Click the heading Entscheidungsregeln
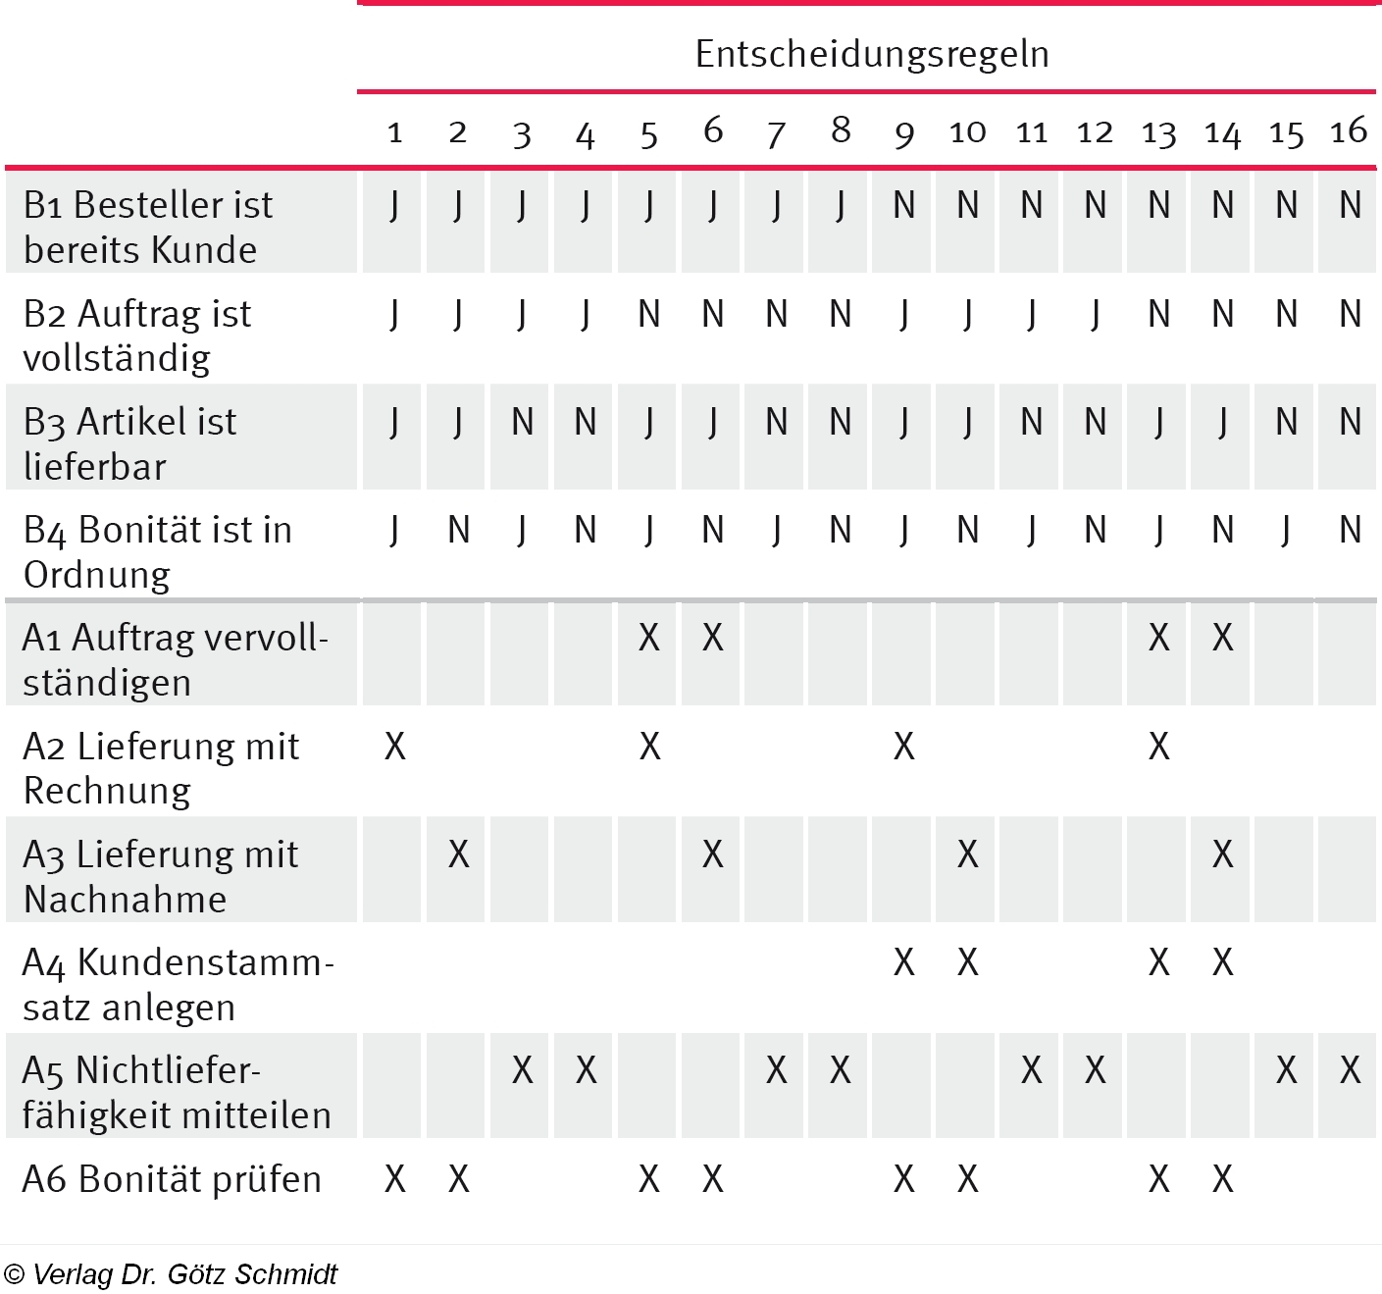point(872,54)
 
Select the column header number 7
point(776,132)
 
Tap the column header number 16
point(1349,130)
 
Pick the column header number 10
point(967,131)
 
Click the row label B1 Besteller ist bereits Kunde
point(148,227)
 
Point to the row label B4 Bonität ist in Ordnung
point(158,551)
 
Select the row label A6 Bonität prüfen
point(172,1178)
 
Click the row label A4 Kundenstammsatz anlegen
point(178,984)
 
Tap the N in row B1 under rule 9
point(903,205)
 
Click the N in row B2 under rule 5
point(648,314)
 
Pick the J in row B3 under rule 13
point(1158,422)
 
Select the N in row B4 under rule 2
point(458,530)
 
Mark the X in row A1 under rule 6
point(713,638)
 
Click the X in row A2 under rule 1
point(394,747)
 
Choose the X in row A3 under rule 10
point(967,854)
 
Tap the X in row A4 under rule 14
point(1222,962)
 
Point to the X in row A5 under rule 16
point(1350,1070)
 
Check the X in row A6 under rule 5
point(648,1178)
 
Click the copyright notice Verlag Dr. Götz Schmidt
point(171,1274)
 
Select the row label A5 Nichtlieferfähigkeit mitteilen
point(177,1092)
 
